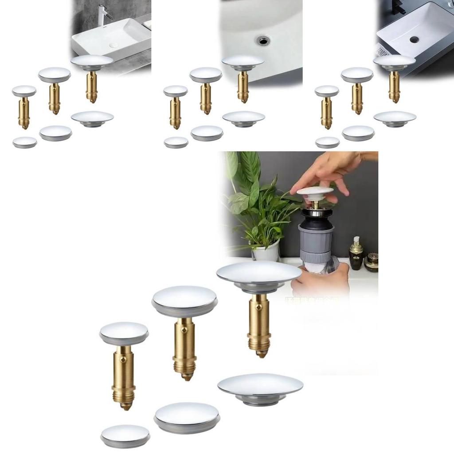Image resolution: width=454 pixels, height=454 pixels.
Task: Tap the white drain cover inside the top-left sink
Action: tap(113, 45)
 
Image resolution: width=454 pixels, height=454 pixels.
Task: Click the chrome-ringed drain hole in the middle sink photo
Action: tap(263, 40)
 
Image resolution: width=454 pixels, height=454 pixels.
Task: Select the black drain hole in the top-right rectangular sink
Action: tap(414, 39)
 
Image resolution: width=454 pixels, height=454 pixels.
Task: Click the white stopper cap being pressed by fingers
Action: tap(315, 192)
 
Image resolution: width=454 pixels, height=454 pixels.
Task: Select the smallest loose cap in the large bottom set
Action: tap(125, 435)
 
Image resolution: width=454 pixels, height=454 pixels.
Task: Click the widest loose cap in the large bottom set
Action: tap(260, 387)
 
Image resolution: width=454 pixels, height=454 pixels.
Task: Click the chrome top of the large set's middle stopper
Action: tap(184, 297)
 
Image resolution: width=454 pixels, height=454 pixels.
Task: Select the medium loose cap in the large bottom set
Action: tap(187, 416)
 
